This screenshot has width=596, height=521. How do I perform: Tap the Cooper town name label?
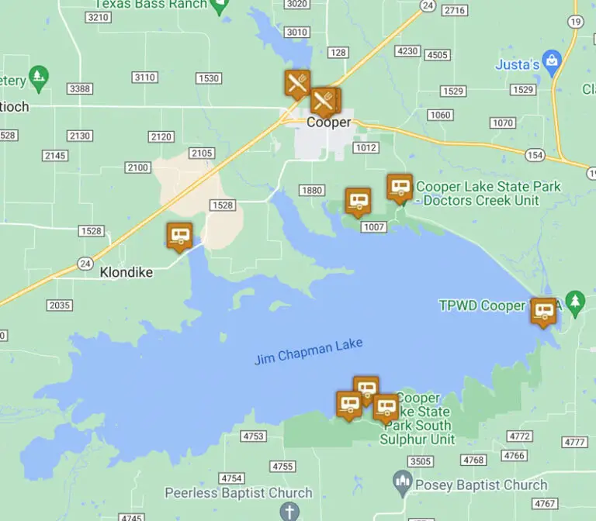click(x=328, y=122)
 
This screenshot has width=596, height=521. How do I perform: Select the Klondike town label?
click(x=126, y=272)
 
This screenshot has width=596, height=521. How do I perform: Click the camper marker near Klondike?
click(x=179, y=236)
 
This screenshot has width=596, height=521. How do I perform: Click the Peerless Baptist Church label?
click(x=238, y=492)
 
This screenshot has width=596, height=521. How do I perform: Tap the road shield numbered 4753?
click(x=254, y=436)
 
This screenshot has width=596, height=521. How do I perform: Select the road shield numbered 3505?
click(x=420, y=461)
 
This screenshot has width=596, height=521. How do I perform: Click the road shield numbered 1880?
click(x=311, y=191)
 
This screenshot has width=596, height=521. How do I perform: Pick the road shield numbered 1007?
click(x=374, y=226)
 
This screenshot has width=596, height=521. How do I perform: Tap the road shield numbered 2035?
click(x=60, y=305)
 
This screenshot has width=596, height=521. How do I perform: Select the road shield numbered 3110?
click(x=145, y=78)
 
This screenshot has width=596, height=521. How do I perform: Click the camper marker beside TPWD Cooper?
click(x=543, y=311)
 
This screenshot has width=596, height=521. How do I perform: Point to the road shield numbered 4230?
click(x=407, y=51)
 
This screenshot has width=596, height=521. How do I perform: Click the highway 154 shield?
click(x=534, y=156)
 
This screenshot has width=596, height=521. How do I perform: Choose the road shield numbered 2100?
click(x=138, y=167)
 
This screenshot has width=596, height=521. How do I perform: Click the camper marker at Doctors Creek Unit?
click(x=399, y=187)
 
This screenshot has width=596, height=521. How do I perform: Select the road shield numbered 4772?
click(x=520, y=436)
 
